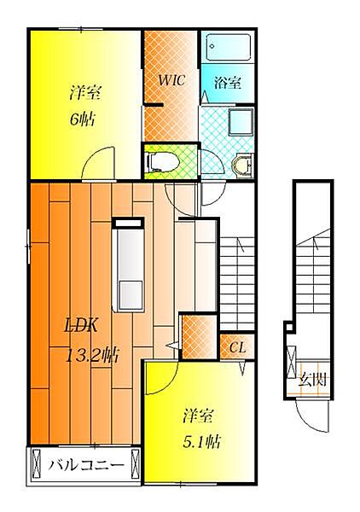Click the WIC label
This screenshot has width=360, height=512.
(x=171, y=80)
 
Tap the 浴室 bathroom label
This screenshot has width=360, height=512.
(x=228, y=83)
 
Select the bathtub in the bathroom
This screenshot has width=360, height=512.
(x=228, y=47)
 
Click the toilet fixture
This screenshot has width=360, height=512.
(x=163, y=161)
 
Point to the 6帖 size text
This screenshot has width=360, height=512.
(x=82, y=119)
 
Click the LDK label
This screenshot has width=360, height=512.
(x=81, y=325)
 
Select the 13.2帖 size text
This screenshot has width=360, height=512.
(x=92, y=356)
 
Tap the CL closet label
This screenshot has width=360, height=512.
(x=237, y=348)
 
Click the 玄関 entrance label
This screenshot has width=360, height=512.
(x=312, y=380)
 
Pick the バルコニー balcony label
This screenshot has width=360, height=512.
(x=86, y=465)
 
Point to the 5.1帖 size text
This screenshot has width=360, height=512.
(x=201, y=442)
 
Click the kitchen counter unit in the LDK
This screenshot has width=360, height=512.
(x=128, y=265)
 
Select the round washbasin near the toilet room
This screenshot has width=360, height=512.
(x=242, y=165)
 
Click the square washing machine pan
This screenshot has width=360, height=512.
(x=241, y=122)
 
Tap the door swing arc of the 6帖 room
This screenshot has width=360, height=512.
(x=98, y=163)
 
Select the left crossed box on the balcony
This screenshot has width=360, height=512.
(x=37, y=464)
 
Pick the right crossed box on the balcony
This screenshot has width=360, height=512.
(x=135, y=464)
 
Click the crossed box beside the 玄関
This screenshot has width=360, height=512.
(x=291, y=362)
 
